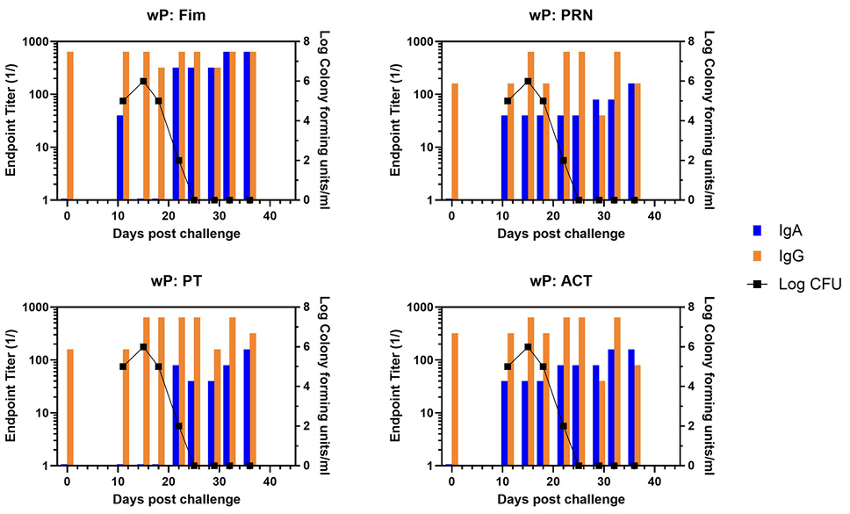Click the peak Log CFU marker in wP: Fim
click(x=143, y=81)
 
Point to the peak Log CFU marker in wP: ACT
click(x=528, y=346)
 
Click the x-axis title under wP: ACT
click(x=561, y=500)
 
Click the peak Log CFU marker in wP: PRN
click(x=528, y=81)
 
